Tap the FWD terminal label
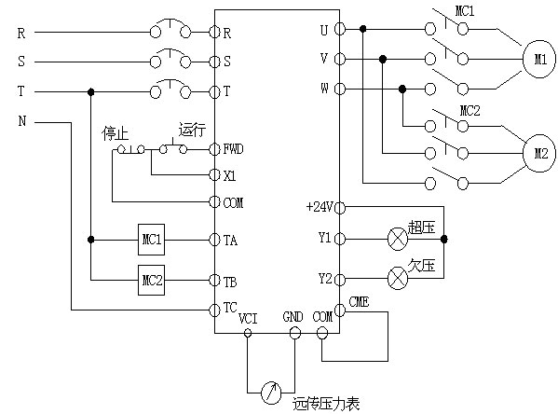pos(234,148)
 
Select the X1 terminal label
pos(229,175)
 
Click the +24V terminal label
pos(320,207)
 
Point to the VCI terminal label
pos(248,319)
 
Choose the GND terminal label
pos(293,317)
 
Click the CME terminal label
pos(359,302)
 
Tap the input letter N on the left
pos(22,121)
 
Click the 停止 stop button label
pos(115,133)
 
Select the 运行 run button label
pos(192,130)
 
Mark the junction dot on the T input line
pos(90,92)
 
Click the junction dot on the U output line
pos(363,29)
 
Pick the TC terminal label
pos(230,308)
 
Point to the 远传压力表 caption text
pos(326,404)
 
